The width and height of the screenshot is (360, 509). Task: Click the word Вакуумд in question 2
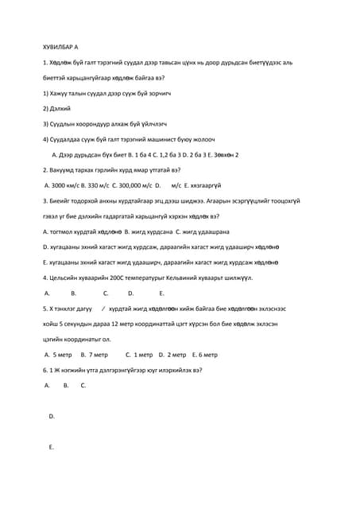point(66,169)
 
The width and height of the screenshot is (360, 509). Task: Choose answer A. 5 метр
point(58,355)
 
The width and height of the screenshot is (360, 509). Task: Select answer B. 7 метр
point(94,355)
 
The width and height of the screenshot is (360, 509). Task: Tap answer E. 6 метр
point(204,355)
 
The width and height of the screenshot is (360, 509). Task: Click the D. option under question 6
point(52,416)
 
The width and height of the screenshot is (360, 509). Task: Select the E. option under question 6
point(52,447)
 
